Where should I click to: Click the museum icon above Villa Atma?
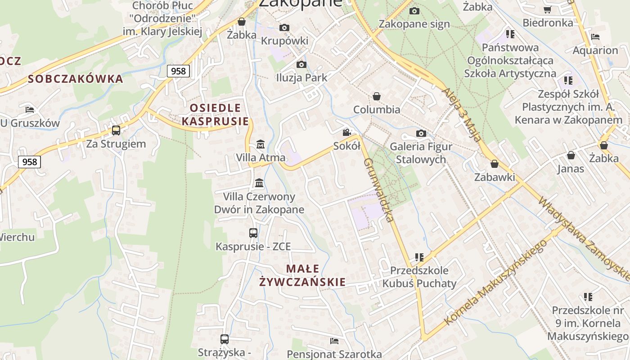click(x=260, y=145)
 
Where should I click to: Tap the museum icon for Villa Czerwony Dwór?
click(x=259, y=183)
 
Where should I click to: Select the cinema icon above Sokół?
click(x=346, y=133)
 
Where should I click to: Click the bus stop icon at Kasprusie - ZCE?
click(x=253, y=233)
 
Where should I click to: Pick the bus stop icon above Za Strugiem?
click(x=116, y=130)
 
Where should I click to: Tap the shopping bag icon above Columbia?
click(x=377, y=96)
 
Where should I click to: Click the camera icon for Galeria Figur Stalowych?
click(x=421, y=133)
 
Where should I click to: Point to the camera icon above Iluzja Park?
click(x=301, y=65)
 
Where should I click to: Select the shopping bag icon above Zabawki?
click(x=495, y=164)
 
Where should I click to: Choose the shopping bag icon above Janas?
click(x=571, y=156)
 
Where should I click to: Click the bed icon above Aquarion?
click(x=595, y=37)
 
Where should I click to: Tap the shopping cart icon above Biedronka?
click(x=548, y=10)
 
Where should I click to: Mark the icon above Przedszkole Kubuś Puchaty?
click(x=419, y=257)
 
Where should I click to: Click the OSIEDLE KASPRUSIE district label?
click(x=215, y=114)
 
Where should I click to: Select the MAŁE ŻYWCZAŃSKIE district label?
click(x=302, y=275)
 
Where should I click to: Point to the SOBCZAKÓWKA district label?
click(x=75, y=79)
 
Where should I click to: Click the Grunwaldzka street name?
click(x=378, y=189)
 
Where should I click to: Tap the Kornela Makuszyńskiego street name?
click(x=495, y=283)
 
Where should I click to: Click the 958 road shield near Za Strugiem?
click(x=30, y=162)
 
